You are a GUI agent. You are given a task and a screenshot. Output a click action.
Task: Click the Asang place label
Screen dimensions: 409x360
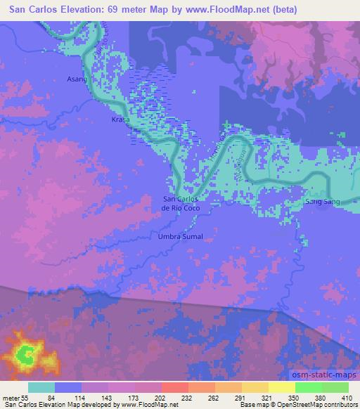76,79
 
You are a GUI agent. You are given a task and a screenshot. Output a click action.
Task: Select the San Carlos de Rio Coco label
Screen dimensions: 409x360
182,204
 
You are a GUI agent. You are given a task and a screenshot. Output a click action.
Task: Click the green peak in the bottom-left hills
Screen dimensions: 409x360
27,354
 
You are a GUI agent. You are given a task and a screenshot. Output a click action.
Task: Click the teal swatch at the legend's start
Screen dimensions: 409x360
41,387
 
